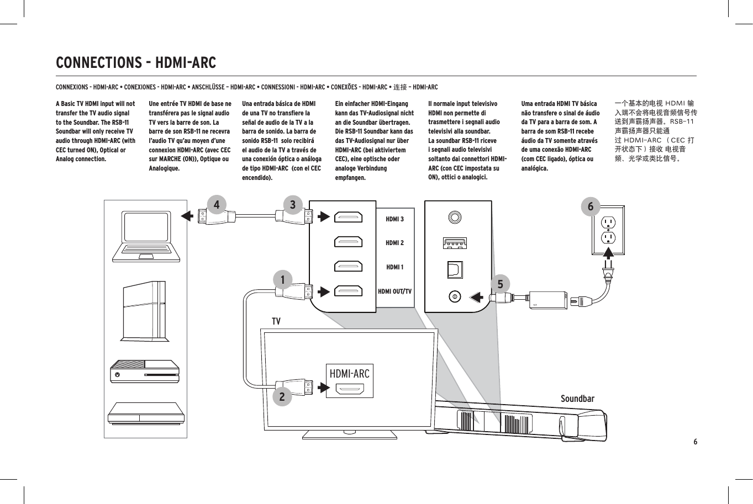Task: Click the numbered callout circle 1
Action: pyautogui.click(x=282, y=280)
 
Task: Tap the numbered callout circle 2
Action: pyautogui.click(x=282, y=396)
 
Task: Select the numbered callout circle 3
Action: pyautogui.click(x=293, y=205)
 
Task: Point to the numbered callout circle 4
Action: pyautogui.click(x=217, y=205)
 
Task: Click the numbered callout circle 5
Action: pyautogui.click(x=501, y=284)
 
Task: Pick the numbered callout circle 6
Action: pyautogui.click(x=591, y=206)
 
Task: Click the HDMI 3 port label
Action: pyautogui.click(x=394, y=219)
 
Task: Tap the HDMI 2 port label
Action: pyautogui.click(x=394, y=243)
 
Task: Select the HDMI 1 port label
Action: pyautogui.click(x=394, y=267)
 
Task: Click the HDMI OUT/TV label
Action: pyautogui.click(x=394, y=291)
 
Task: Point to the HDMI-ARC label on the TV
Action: pyautogui.click(x=349, y=374)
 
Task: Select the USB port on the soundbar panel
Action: pyautogui.click(x=455, y=243)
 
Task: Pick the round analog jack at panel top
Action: pyautogui.click(x=455, y=217)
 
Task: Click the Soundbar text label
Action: pyautogui.click(x=577, y=399)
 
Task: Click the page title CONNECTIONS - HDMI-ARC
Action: pyautogui.click(x=136, y=62)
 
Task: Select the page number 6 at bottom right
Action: pyautogui.click(x=695, y=442)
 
